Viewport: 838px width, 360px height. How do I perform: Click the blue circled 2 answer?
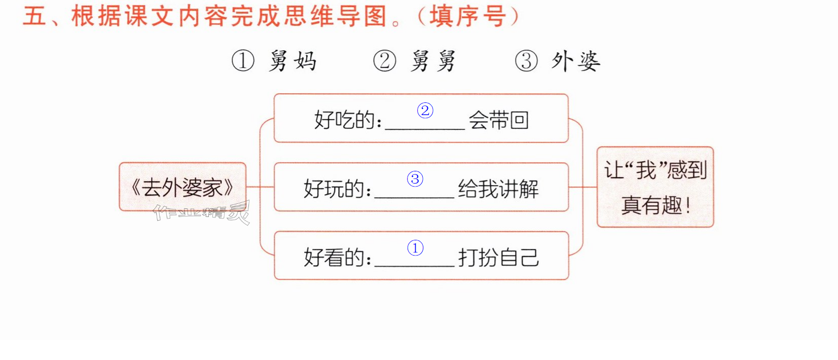coord(425,111)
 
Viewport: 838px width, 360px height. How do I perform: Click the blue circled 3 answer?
coord(415,179)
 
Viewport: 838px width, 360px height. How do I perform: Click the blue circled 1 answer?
coord(415,248)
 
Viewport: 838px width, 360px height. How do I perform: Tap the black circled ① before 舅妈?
coord(243,61)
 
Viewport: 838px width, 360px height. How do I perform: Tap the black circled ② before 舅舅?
coord(384,61)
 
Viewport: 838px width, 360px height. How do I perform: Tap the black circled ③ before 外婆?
coord(526,61)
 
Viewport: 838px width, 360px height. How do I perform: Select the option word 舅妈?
coord(293,61)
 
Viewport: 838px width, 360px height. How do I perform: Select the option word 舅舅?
coord(433,61)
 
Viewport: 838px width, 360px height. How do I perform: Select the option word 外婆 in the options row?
coord(576,61)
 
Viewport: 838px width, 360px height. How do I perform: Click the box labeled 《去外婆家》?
coord(183,187)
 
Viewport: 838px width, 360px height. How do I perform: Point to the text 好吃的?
coord(344,120)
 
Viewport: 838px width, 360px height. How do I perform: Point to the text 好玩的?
coord(334,189)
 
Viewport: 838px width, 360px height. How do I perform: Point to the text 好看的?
coord(334,258)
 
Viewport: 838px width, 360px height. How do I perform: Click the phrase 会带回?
coord(499,120)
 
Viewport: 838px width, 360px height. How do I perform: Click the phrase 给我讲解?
coord(498,189)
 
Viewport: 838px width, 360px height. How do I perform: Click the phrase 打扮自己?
coord(498,258)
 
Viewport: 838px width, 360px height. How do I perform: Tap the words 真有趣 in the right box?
coord(651,205)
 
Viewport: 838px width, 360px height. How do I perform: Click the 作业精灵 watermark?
coord(202,212)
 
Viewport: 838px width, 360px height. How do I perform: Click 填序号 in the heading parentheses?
coord(468,16)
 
